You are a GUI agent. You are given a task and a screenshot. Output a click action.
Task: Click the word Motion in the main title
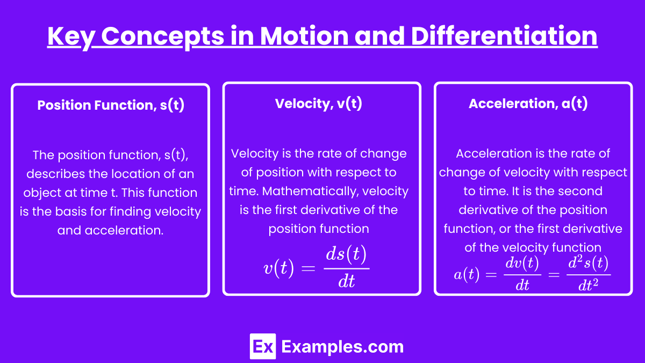pyautogui.click(x=304, y=37)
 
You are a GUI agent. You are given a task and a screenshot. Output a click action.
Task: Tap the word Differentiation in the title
pyautogui.click(x=504, y=35)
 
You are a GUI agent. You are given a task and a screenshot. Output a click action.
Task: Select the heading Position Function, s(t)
pyautogui.click(x=111, y=105)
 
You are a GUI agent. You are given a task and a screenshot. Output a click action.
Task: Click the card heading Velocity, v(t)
pyautogui.click(x=318, y=104)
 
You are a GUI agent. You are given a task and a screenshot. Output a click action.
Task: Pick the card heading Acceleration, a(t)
pyautogui.click(x=528, y=104)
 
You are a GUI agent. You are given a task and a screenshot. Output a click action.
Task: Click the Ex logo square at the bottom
pyautogui.click(x=263, y=346)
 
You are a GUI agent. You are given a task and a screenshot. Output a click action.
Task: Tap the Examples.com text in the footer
pyautogui.click(x=342, y=346)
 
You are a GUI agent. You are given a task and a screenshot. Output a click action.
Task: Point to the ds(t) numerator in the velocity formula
pyautogui.click(x=346, y=254)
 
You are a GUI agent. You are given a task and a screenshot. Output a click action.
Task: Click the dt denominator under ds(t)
pyautogui.click(x=346, y=281)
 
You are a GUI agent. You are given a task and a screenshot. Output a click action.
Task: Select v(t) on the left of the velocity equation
pyautogui.click(x=279, y=268)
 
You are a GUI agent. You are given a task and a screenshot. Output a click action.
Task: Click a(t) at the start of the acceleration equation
pyautogui.click(x=467, y=274)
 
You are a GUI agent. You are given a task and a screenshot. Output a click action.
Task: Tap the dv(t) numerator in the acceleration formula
pyautogui.click(x=522, y=264)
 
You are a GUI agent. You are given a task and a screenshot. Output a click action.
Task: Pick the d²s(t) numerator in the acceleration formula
pyautogui.click(x=588, y=263)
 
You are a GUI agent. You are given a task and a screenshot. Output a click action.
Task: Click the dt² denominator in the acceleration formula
pyautogui.click(x=588, y=284)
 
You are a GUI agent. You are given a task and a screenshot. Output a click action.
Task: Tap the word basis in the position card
pyautogui.click(x=71, y=211)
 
